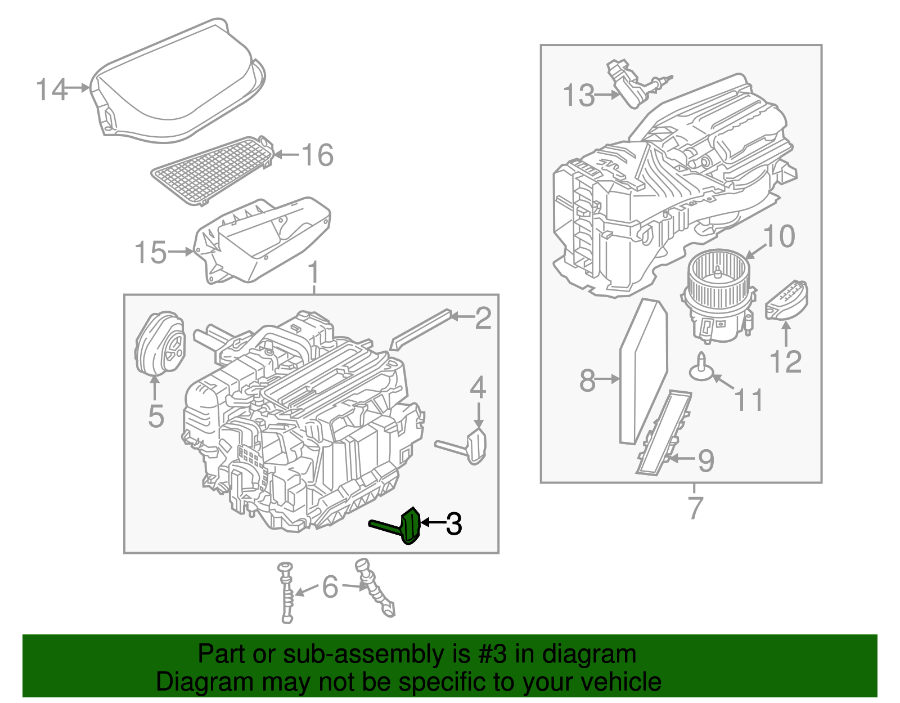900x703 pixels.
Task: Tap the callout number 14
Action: (x=52, y=89)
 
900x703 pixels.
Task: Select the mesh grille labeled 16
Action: (x=211, y=170)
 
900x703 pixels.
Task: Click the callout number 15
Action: (x=151, y=252)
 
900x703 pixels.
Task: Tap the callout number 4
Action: (x=478, y=388)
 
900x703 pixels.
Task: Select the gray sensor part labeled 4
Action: (x=475, y=446)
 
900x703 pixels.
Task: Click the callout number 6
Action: (x=330, y=587)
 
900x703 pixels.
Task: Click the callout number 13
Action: (x=579, y=95)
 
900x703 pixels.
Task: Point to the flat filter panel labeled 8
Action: (x=643, y=373)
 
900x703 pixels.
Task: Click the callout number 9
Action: (x=706, y=460)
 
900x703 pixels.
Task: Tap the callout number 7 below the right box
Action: (x=695, y=507)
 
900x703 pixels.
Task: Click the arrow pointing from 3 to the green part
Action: (x=433, y=523)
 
